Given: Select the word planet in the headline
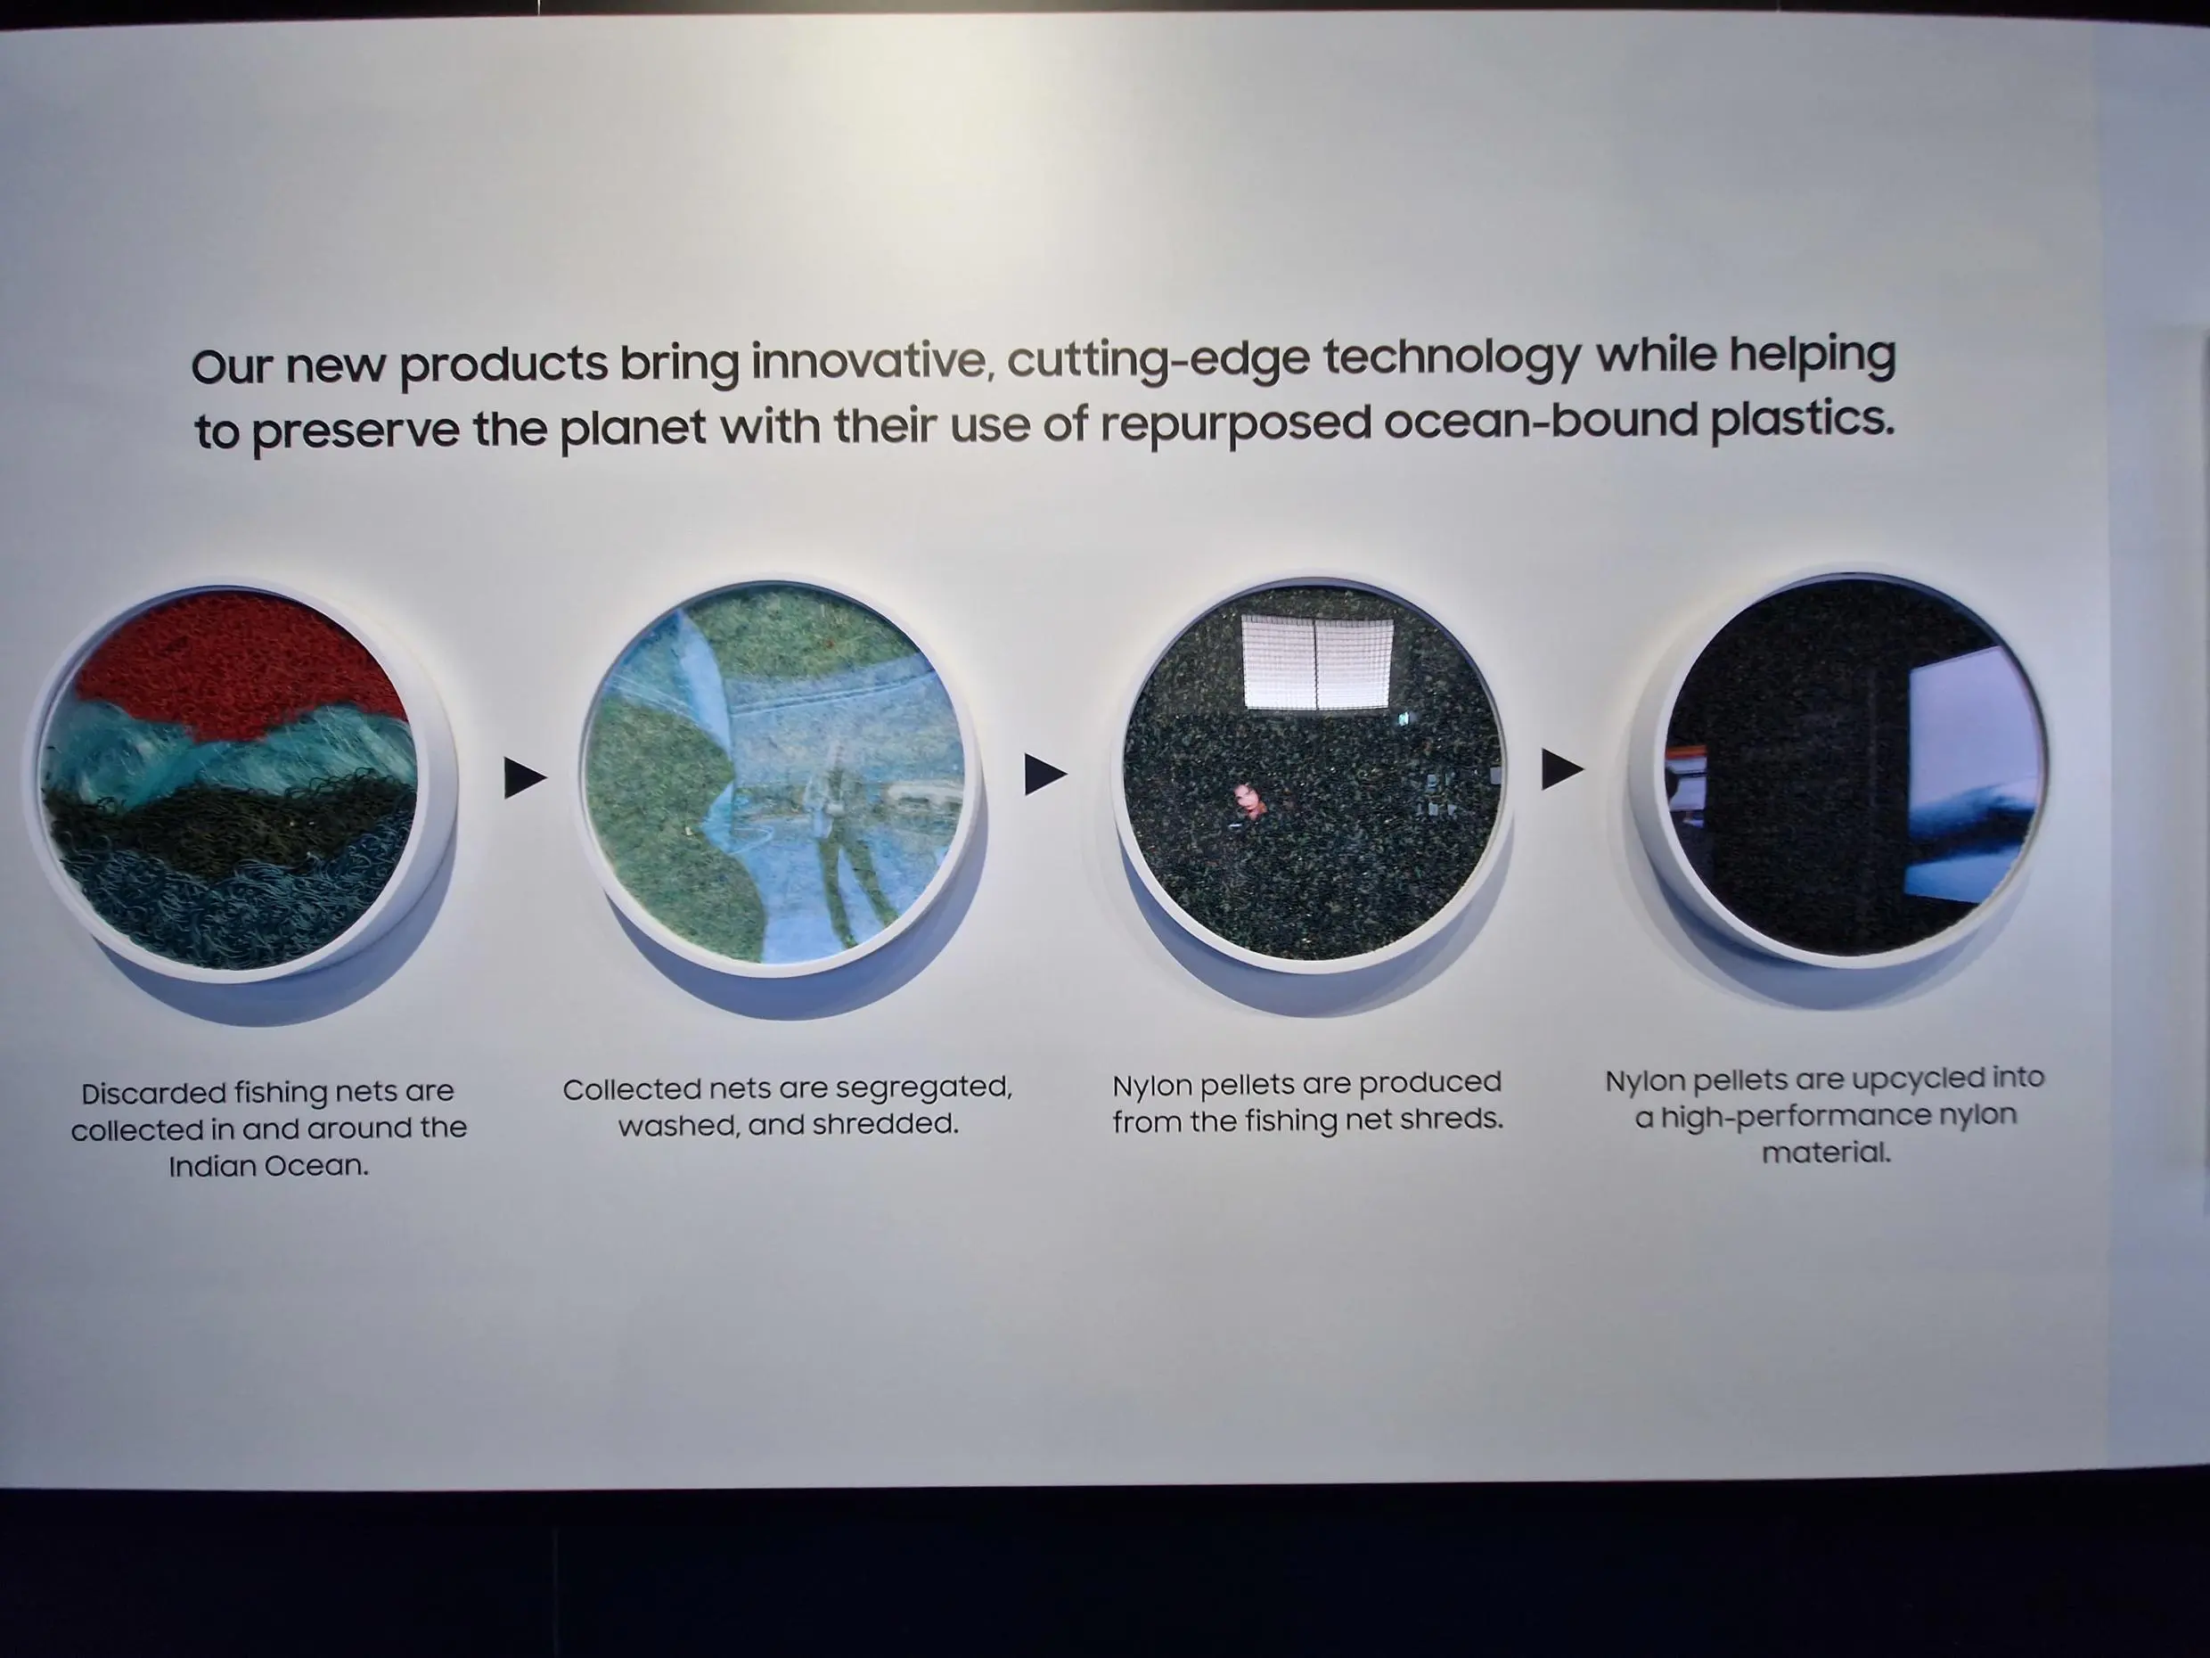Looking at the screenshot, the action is coord(633,428).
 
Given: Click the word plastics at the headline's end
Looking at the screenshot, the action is coord(1803,418).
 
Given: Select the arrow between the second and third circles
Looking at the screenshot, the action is coord(1045,775).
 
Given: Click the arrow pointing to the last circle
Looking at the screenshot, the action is coord(1562,769).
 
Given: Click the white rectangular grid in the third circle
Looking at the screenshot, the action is coord(1317,661).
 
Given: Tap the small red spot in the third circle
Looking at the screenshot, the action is coord(1247,800).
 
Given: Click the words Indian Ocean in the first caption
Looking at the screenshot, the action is coord(267,1165).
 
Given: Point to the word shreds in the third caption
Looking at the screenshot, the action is coord(1453,1119).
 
